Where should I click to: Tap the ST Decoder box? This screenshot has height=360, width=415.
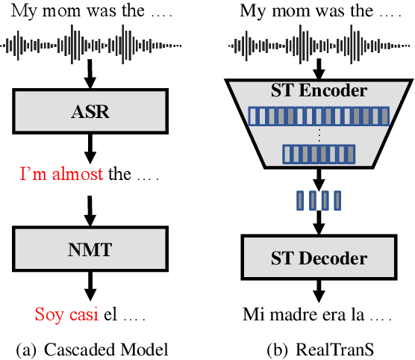tap(318, 259)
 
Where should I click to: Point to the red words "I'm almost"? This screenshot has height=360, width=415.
tap(63, 176)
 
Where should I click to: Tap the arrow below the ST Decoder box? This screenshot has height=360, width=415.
tap(319, 290)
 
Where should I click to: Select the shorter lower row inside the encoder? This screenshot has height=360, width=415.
tap(319, 155)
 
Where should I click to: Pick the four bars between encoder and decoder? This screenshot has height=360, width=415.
tap(319, 199)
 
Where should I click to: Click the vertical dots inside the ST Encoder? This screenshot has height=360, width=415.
tap(319, 135)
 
